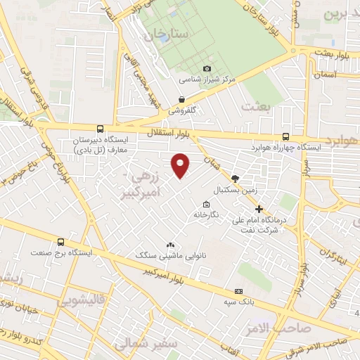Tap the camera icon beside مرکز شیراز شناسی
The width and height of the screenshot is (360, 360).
click(207, 68)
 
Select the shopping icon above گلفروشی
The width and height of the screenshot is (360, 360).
click(182, 99)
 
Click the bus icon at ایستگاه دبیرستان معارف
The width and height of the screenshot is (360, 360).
click(100, 129)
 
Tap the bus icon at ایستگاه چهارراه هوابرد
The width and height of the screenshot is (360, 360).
click(285, 136)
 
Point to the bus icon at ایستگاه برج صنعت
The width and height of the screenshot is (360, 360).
click(60, 240)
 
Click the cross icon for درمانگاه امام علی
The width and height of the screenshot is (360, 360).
click(259, 209)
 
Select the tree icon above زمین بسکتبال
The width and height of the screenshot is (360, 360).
click(235, 179)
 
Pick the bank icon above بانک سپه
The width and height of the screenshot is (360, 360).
click(238, 290)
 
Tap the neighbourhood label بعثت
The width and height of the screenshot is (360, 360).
click(255, 105)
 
